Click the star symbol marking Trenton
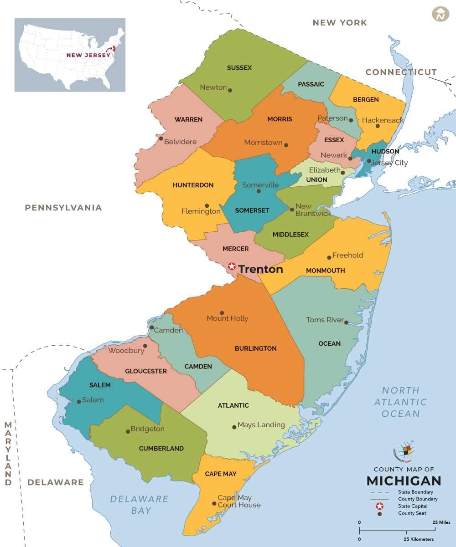(x=232, y=266)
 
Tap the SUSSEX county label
(x=239, y=68)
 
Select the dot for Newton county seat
(x=230, y=90)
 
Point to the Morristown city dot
(x=286, y=145)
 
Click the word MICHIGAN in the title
(x=404, y=481)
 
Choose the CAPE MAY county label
(x=221, y=474)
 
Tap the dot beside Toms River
(x=347, y=322)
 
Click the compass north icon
(x=440, y=14)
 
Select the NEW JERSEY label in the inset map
(x=88, y=55)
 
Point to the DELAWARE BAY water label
(x=139, y=505)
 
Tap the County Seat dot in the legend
(x=379, y=514)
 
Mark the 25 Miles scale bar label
(x=441, y=522)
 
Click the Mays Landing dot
(x=234, y=427)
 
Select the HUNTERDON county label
(x=193, y=185)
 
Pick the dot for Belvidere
(x=161, y=138)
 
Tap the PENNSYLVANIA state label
(x=63, y=208)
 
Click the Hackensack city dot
(x=378, y=126)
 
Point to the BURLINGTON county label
(x=256, y=348)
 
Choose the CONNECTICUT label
(x=401, y=72)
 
